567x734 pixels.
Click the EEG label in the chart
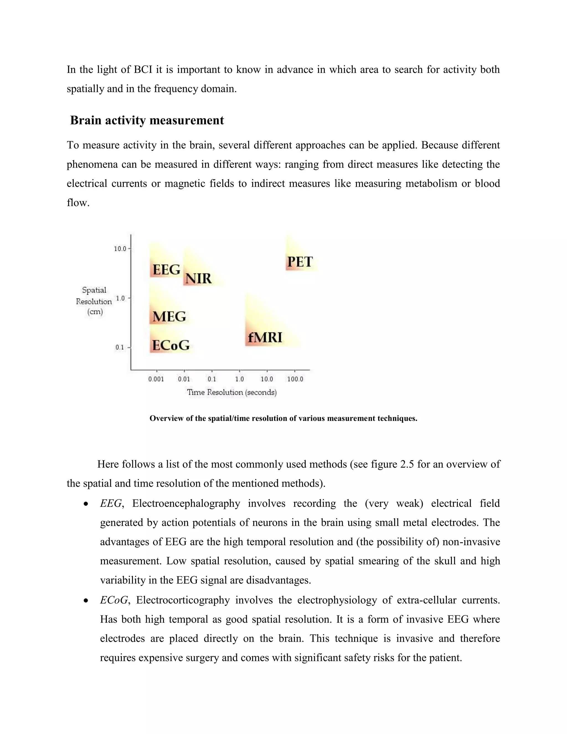pos(166,270)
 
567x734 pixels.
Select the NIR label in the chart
pos(198,278)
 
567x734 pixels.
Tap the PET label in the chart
pos(300,262)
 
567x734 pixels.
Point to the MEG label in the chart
pos(169,317)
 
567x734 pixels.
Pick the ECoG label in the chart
pos(171,345)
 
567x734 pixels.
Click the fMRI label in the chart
pos(265,337)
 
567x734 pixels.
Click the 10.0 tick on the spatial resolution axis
pos(120,249)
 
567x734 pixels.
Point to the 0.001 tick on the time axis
pos(156,379)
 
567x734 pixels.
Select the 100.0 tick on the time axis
pos(295,379)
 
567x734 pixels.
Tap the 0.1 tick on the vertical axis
pos(120,348)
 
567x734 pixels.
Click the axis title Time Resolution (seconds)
pos(232,392)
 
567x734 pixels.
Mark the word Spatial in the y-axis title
pos(94,290)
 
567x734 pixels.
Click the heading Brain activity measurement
pos(147,120)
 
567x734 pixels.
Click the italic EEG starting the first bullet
pos(111,504)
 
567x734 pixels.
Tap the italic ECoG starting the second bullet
pos(114,600)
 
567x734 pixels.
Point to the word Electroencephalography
pos(186,504)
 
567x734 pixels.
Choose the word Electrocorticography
pos(183,600)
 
